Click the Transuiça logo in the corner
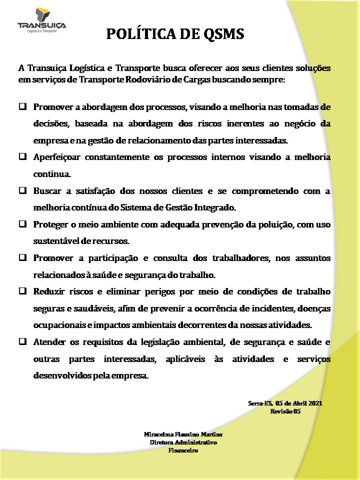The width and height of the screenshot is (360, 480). pyautogui.click(x=41, y=21)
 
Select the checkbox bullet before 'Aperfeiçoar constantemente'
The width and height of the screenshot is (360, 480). pyautogui.click(x=23, y=156)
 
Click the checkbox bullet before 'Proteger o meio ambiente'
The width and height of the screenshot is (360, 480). pyautogui.click(x=23, y=224)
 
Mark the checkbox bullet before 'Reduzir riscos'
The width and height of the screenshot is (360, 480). pyautogui.click(x=23, y=290)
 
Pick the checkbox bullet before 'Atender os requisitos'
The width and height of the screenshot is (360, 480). pyautogui.click(x=23, y=342)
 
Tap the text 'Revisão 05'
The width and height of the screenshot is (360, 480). pyautogui.click(x=285, y=411)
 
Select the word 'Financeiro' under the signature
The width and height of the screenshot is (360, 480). pyautogui.click(x=183, y=450)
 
